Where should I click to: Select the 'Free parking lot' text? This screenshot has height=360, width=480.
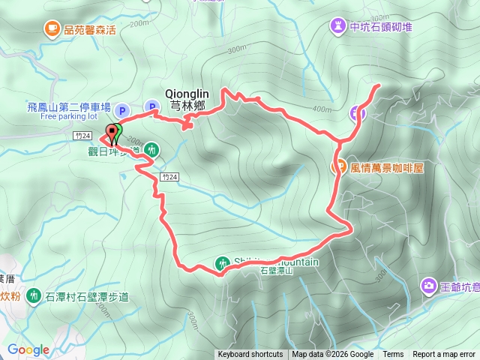69,117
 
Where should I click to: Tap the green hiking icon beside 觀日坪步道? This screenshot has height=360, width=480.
152,150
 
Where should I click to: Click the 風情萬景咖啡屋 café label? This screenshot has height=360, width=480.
387,168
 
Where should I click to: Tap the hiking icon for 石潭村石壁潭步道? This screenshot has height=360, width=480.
34,296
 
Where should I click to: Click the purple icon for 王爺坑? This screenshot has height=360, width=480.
429,285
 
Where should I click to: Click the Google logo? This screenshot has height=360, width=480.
28,349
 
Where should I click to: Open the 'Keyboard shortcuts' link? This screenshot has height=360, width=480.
250,355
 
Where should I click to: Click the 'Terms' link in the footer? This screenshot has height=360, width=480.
393,355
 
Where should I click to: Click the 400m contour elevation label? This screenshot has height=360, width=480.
322,109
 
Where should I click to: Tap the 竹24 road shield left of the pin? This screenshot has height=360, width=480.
83,136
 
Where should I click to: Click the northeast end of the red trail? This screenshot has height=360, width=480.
378,85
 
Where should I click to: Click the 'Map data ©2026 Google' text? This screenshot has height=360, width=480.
332,355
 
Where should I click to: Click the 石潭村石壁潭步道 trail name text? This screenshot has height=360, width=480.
86,297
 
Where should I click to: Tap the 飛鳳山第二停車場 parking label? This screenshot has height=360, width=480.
69,107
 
